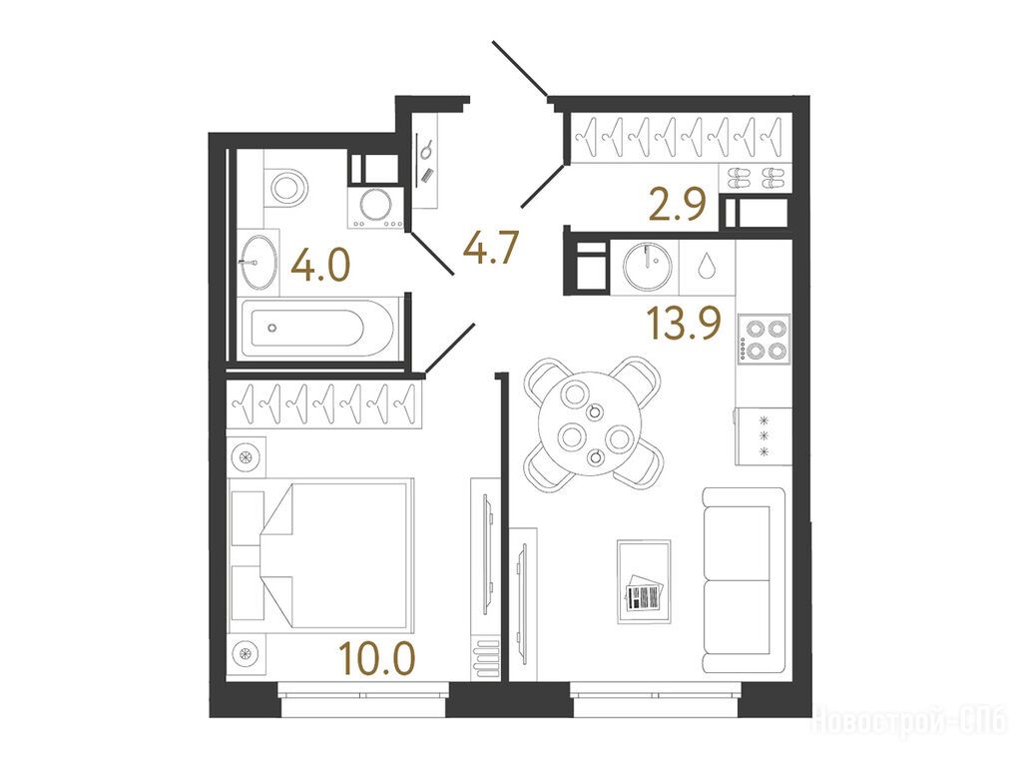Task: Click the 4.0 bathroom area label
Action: coord(320,267)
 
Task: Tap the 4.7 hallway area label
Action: coord(490,248)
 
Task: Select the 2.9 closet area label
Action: coord(678,205)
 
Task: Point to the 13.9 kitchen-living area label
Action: coord(683,324)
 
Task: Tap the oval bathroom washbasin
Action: coord(258,261)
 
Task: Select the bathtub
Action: coord(317,327)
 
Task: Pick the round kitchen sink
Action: coord(647,266)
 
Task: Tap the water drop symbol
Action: coord(707,267)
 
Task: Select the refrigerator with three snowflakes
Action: coord(764,435)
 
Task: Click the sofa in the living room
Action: coord(744,580)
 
